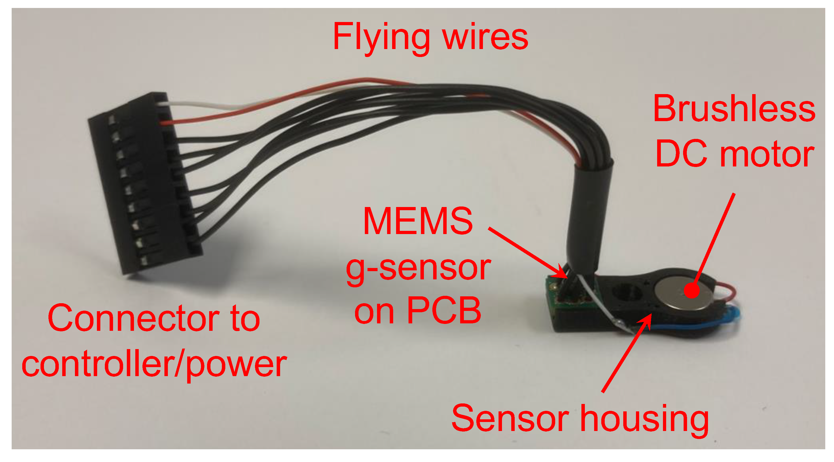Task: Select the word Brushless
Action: click(x=734, y=108)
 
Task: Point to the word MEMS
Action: click(x=418, y=221)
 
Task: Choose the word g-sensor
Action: click(x=418, y=269)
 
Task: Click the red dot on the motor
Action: click(x=692, y=290)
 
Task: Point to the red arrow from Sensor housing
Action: click(x=626, y=353)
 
